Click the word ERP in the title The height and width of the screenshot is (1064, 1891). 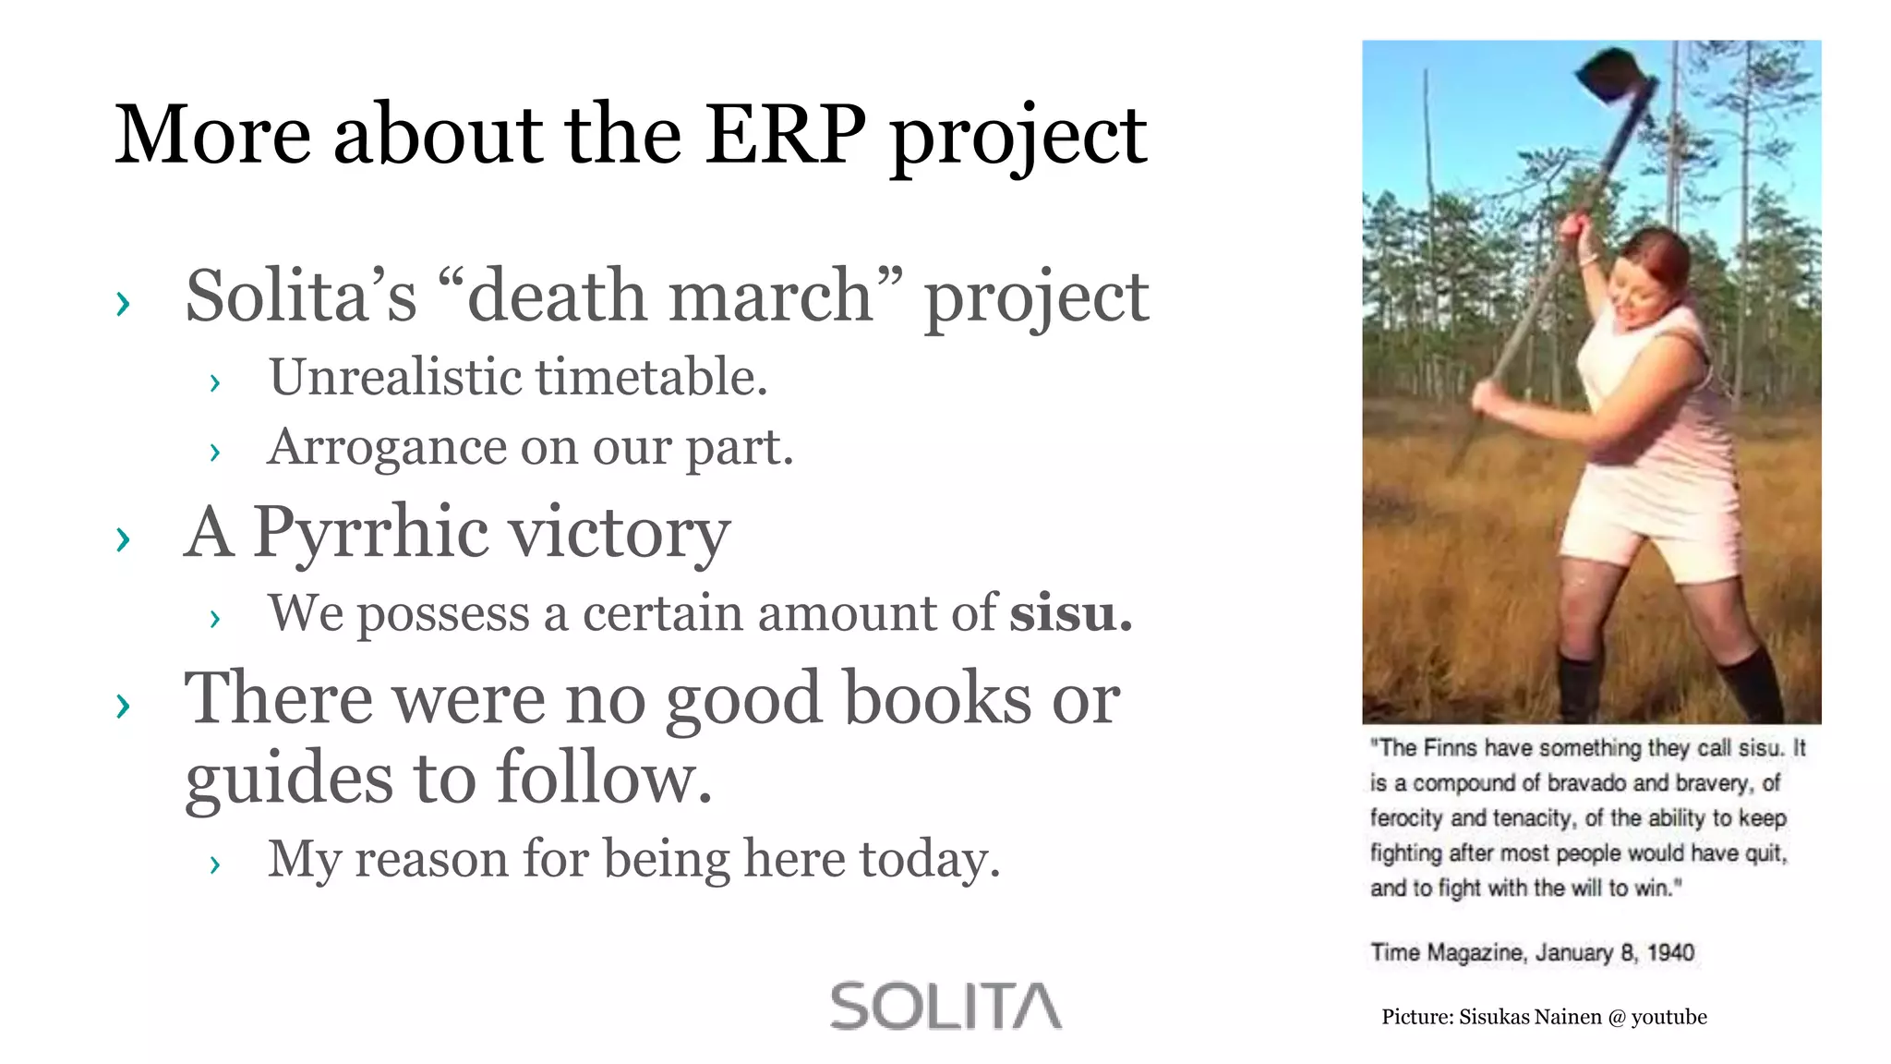tap(786, 135)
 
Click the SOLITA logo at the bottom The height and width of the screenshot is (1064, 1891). tap(945, 1006)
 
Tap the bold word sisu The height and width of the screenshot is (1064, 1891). tap(1069, 613)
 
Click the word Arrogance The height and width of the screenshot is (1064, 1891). tap(386, 447)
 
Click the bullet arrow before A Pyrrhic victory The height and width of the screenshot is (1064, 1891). tap(123, 538)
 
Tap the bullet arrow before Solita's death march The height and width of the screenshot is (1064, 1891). tap(123, 303)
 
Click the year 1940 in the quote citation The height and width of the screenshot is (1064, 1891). tap(1670, 952)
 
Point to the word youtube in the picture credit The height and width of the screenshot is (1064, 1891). tap(1668, 1017)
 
